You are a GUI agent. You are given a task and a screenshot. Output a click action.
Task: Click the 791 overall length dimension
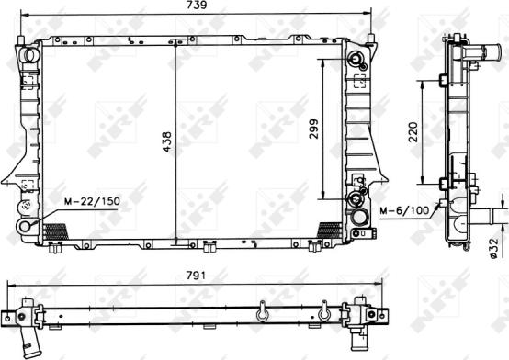point(192,275)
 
